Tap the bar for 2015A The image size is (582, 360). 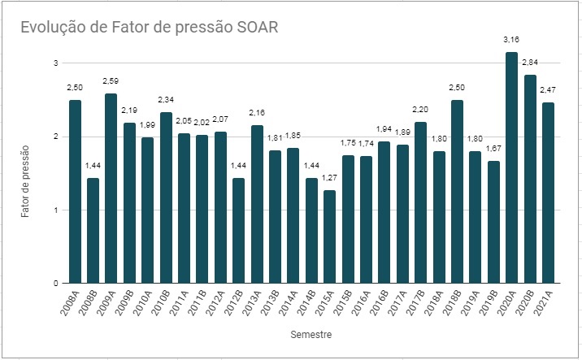[x=329, y=236]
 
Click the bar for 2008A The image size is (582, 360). [x=76, y=192]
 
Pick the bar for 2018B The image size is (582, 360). [x=457, y=192]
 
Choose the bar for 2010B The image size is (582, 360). [x=166, y=197]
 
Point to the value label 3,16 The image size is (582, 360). [x=511, y=38]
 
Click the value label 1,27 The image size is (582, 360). [x=329, y=177]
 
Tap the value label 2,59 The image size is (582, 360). [x=111, y=80]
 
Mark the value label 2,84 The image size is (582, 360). [x=530, y=62]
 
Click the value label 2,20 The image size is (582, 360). [x=420, y=109]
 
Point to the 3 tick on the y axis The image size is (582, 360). [x=55, y=63]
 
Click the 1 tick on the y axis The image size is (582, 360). [x=55, y=210]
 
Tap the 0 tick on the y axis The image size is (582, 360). [x=55, y=284]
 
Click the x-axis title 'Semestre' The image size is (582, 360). [x=311, y=334]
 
